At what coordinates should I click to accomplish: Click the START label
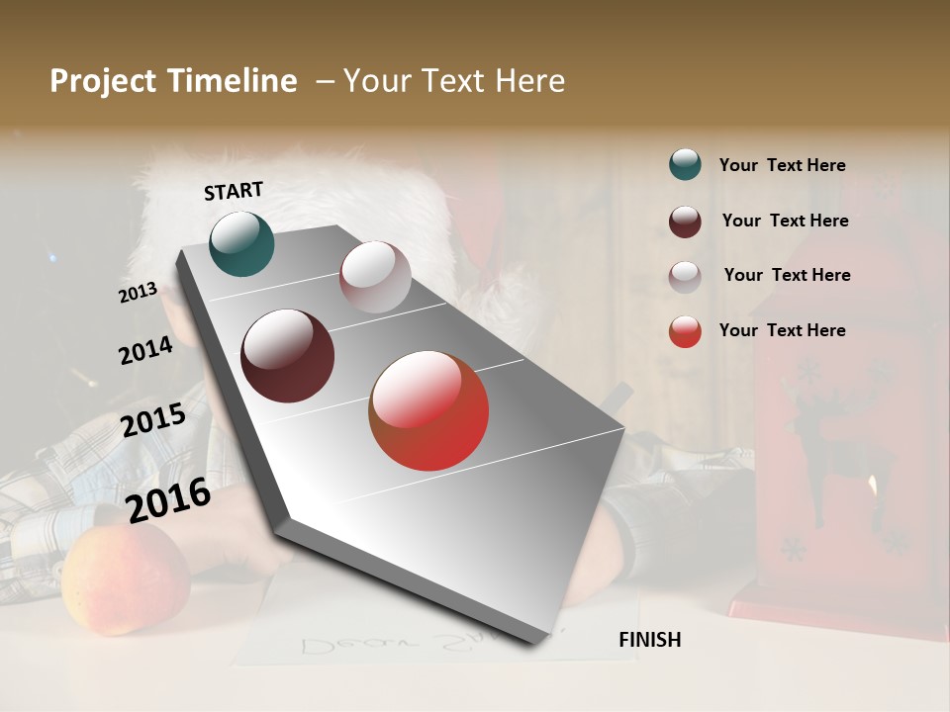click(x=234, y=191)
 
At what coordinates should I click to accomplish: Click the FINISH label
click(x=649, y=640)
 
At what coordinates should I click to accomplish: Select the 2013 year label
click(x=139, y=292)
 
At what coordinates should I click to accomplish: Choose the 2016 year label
click(x=168, y=499)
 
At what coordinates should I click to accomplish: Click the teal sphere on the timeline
click(x=241, y=243)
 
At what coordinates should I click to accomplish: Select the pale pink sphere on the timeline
click(x=375, y=277)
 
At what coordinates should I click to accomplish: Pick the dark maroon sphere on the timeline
click(x=287, y=356)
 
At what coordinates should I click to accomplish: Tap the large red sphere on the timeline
click(x=428, y=410)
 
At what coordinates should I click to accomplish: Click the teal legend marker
click(x=685, y=164)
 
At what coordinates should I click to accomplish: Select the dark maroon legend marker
click(x=685, y=222)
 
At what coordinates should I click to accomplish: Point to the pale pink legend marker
click(x=685, y=277)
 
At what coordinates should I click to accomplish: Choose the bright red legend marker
click(x=685, y=331)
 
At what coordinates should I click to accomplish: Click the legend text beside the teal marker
click(x=782, y=165)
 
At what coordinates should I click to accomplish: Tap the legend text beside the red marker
click(x=782, y=330)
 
